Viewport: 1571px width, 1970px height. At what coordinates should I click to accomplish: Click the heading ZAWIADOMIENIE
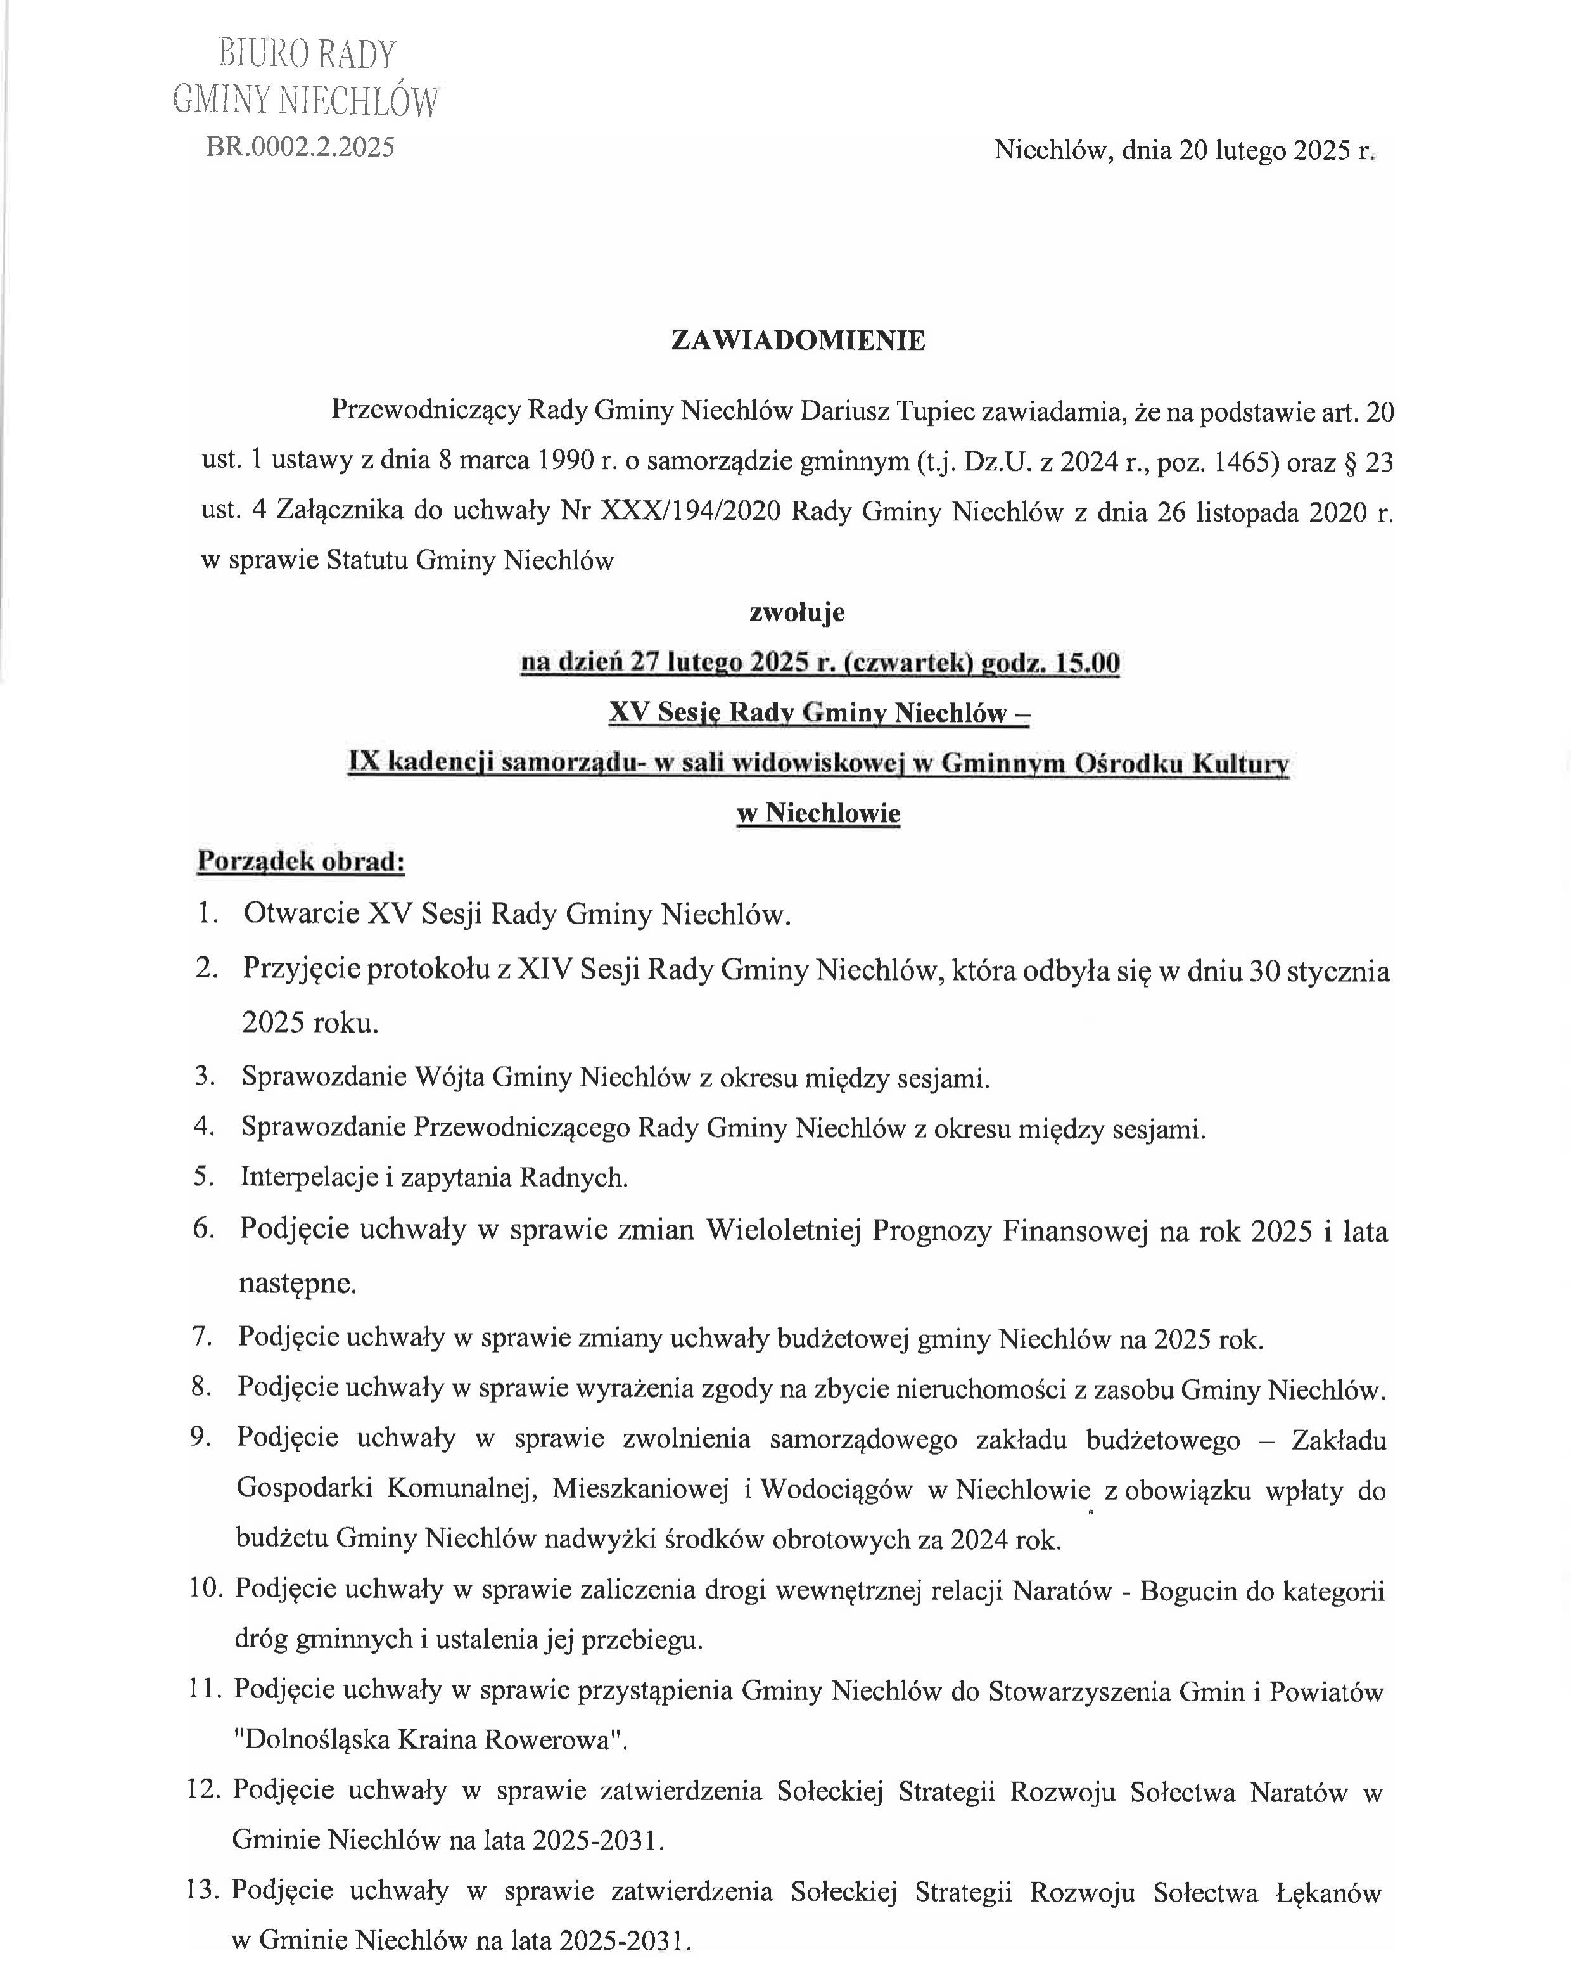[x=798, y=341]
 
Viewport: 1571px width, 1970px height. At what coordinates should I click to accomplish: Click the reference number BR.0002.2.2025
[x=300, y=147]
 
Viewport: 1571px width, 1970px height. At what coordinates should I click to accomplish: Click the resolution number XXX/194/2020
[x=690, y=511]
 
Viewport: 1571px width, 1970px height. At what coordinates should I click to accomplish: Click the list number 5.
[x=203, y=1177]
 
